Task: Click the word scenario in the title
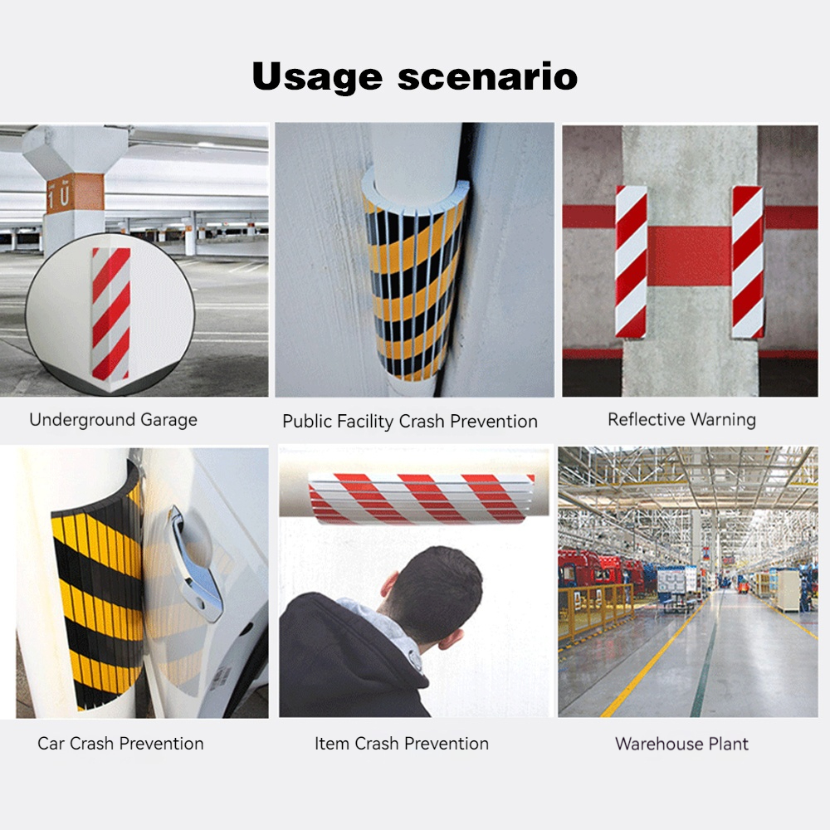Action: tap(487, 76)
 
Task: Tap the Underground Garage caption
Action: tap(113, 420)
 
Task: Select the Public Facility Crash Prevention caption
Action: tap(410, 422)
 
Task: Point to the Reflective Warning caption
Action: tap(681, 419)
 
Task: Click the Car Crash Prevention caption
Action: tap(120, 743)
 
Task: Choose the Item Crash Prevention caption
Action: tap(402, 743)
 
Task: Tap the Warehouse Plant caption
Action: tap(681, 744)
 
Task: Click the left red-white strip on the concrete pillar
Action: tap(631, 261)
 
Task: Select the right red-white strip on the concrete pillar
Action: tap(748, 262)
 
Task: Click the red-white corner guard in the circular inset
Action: tap(110, 314)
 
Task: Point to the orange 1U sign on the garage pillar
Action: tap(75, 193)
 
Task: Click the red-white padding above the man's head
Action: tap(421, 498)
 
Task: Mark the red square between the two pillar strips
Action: tap(689, 256)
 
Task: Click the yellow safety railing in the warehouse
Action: tap(595, 612)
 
